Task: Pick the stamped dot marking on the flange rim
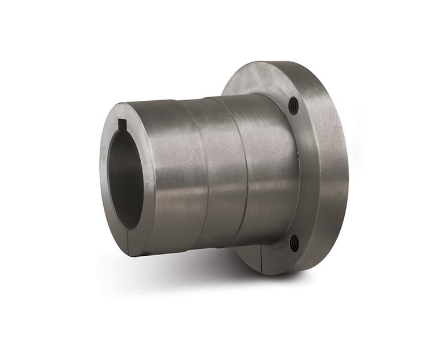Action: pyautogui.click(x=339, y=194)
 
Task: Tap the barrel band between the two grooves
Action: pyautogui.click(x=213, y=173)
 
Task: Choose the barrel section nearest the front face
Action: pyautogui.click(x=167, y=173)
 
